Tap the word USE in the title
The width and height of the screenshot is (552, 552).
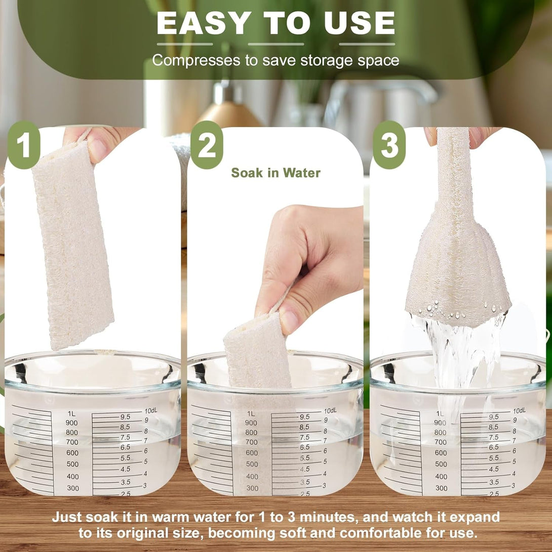(360, 23)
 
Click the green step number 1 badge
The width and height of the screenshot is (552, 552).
(24, 145)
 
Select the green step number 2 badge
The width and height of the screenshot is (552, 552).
(207, 145)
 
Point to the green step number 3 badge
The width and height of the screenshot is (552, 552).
(389, 145)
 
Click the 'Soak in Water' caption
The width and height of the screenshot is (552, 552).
(275, 173)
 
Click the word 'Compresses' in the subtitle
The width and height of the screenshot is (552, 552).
(196, 61)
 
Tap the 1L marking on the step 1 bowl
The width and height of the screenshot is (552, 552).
(71, 414)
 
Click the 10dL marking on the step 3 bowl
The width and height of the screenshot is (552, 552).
(519, 411)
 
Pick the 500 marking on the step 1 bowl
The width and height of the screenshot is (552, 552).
(72, 464)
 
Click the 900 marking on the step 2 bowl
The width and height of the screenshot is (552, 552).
(251, 423)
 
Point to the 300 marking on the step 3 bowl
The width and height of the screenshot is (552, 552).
(441, 488)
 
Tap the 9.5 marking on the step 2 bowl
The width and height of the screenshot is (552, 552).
(304, 417)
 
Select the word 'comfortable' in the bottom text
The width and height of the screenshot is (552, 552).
(381, 533)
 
